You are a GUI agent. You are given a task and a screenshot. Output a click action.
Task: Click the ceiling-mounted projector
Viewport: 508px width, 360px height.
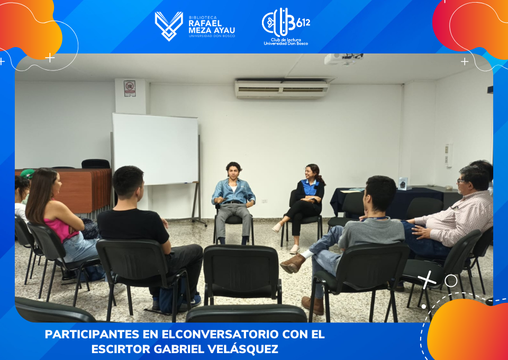(x=344, y=59)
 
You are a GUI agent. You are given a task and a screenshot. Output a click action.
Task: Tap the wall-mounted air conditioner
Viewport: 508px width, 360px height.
(x=281, y=89)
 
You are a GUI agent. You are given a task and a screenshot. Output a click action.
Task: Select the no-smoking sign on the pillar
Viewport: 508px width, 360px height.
(x=129, y=88)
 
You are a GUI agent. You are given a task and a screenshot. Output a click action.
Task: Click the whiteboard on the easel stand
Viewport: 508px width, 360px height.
(x=156, y=149)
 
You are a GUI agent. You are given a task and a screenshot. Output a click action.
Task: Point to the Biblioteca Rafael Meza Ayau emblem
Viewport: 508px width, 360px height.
(x=168, y=26)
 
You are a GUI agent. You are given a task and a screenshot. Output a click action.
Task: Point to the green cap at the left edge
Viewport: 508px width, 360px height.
(x=28, y=174)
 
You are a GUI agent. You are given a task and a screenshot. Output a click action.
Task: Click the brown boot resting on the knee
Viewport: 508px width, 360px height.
(x=293, y=263)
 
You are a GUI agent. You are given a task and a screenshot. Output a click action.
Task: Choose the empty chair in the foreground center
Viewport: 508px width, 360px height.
(x=242, y=272)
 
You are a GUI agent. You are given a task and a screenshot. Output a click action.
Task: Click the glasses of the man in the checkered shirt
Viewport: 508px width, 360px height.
(x=461, y=181)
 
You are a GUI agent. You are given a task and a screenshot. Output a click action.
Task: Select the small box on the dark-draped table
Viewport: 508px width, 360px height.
(x=403, y=183)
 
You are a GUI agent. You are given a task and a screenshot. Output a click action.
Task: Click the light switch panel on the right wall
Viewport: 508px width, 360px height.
(x=449, y=156)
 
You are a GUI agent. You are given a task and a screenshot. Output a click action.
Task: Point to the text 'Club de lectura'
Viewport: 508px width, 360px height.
(x=286, y=40)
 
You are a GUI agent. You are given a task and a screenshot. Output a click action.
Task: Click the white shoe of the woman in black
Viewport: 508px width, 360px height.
(x=295, y=249)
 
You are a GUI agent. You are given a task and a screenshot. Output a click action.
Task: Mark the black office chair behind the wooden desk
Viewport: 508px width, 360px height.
(x=96, y=164)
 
